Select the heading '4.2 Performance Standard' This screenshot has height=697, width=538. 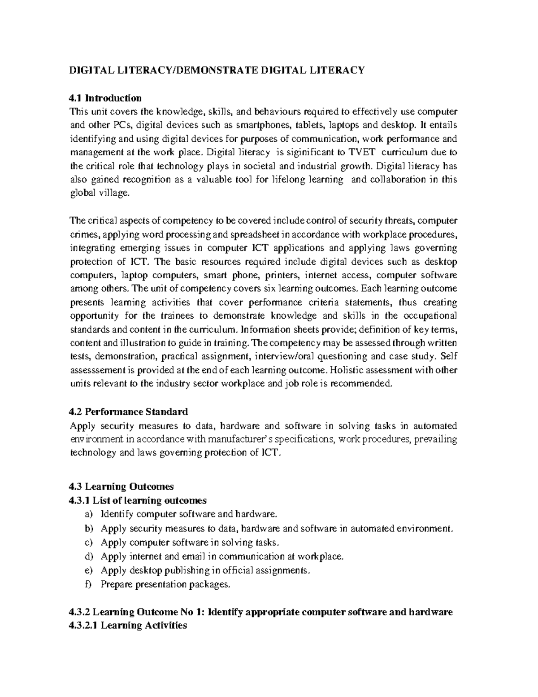pos(128,412)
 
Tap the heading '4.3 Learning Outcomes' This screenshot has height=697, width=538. pos(121,487)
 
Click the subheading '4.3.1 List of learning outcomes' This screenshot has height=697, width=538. pos(138,500)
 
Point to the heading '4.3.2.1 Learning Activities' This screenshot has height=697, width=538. pos(128,625)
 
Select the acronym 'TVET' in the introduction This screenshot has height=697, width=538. pos(356,152)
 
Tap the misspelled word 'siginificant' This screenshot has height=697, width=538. pos(308,152)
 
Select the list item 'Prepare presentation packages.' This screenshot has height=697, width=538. pos(165,584)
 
